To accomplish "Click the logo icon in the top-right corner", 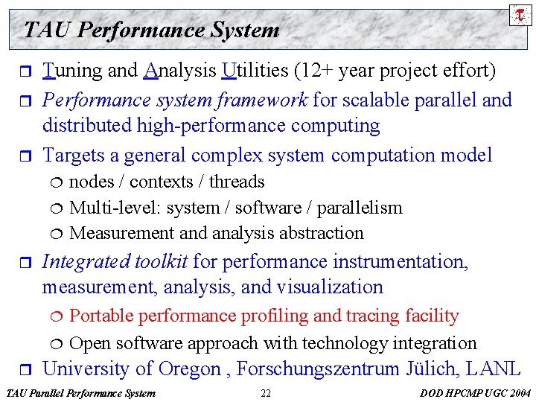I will point(520,13).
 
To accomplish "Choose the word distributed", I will point(87,126).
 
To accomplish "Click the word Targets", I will point(76,156).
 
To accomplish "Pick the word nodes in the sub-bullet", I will point(92,182).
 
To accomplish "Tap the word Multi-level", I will point(111,208).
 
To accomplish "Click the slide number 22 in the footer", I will point(266,393).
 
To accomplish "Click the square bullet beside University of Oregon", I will point(28,369).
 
